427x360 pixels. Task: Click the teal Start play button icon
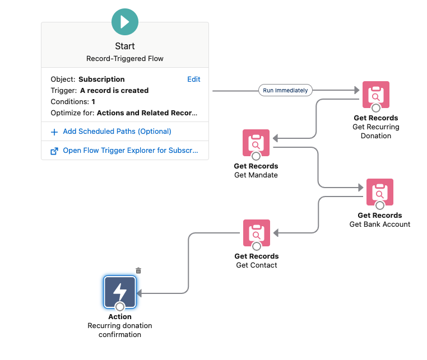pos(124,22)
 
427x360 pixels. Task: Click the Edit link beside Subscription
pos(193,79)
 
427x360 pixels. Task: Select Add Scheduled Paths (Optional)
pos(117,132)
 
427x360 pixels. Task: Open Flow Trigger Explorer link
pos(130,151)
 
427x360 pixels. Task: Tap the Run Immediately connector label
pos(285,90)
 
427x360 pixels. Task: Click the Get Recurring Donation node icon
pos(375,94)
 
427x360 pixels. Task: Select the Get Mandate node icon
pos(256,143)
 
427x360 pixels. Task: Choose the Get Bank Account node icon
pos(379,192)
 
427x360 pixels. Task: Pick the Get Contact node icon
pos(256,233)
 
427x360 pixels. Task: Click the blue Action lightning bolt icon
pos(120,292)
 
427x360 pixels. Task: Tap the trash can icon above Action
pos(138,270)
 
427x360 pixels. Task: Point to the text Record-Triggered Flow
pos(124,58)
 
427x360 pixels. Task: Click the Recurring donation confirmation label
pos(120,330)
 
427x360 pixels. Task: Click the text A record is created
pos(114,90)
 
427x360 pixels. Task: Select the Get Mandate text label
pos(256,175)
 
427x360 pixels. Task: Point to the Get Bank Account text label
pos(379,224)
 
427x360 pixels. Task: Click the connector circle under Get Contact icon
pos(256,246)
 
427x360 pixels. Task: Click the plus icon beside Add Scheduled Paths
pos(54,132)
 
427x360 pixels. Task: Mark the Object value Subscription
pos(101,79)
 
